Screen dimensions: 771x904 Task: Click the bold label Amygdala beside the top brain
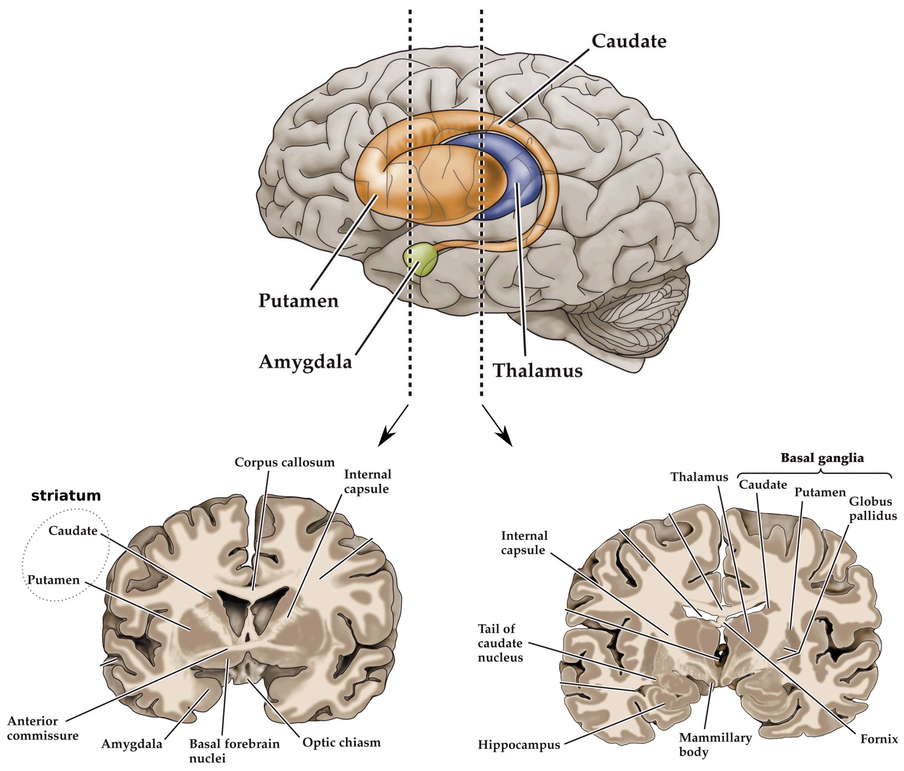pos(305,362)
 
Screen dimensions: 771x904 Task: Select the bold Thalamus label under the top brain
pos(537,370)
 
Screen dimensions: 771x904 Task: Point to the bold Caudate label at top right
pos(629,41)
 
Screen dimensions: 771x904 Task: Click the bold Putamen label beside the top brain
pos(298,301)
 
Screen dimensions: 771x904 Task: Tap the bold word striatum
pos(66,495)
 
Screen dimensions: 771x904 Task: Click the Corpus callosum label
pos(284,462)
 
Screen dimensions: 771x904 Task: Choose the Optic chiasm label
pos(341,742)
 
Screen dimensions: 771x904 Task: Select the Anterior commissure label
pos(42,728)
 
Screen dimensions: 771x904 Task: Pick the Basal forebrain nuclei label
pos(234,751)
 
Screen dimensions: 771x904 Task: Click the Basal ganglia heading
pos(822,458)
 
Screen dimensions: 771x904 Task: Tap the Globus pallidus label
pos(873,508)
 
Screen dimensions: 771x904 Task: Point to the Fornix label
pos(879,739)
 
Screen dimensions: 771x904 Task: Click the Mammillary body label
pos(715,745)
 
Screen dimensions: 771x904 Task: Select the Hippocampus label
pos(519,745)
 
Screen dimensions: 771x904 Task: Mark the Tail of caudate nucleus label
pos(500,643)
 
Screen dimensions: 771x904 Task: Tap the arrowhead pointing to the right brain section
pos(506,440)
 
